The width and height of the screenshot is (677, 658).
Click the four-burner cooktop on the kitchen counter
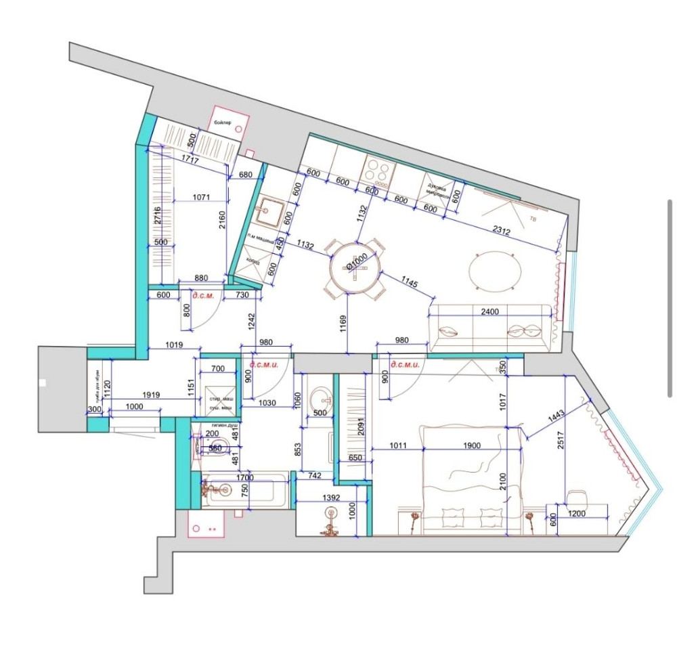click(378, 171)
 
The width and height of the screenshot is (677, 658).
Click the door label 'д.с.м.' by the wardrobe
click(203, 296)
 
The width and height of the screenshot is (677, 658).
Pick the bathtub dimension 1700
click(244, 477)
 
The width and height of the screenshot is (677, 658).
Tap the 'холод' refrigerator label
click(252, 261)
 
